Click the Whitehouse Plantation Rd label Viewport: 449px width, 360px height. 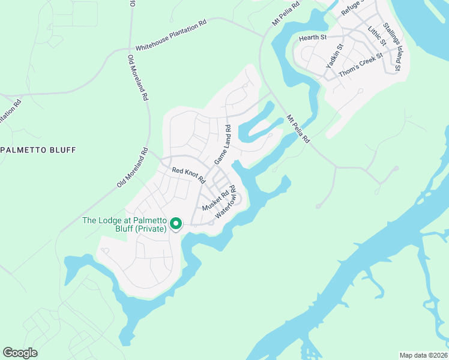tap(171, 36)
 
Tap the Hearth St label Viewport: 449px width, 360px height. tap(312, 38)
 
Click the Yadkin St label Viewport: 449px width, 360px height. tap(334, 55)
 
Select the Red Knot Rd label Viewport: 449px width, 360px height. tap(188, 175)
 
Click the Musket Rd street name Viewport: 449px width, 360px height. tap(216, 199)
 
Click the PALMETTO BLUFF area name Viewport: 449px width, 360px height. tap(38, 149)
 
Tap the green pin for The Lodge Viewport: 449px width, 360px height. tap(176, 224)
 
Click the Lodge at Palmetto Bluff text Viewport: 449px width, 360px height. tap(124, 224)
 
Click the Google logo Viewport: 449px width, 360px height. tap(20, 353)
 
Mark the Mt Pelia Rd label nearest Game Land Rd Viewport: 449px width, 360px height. tap(298, 129)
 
